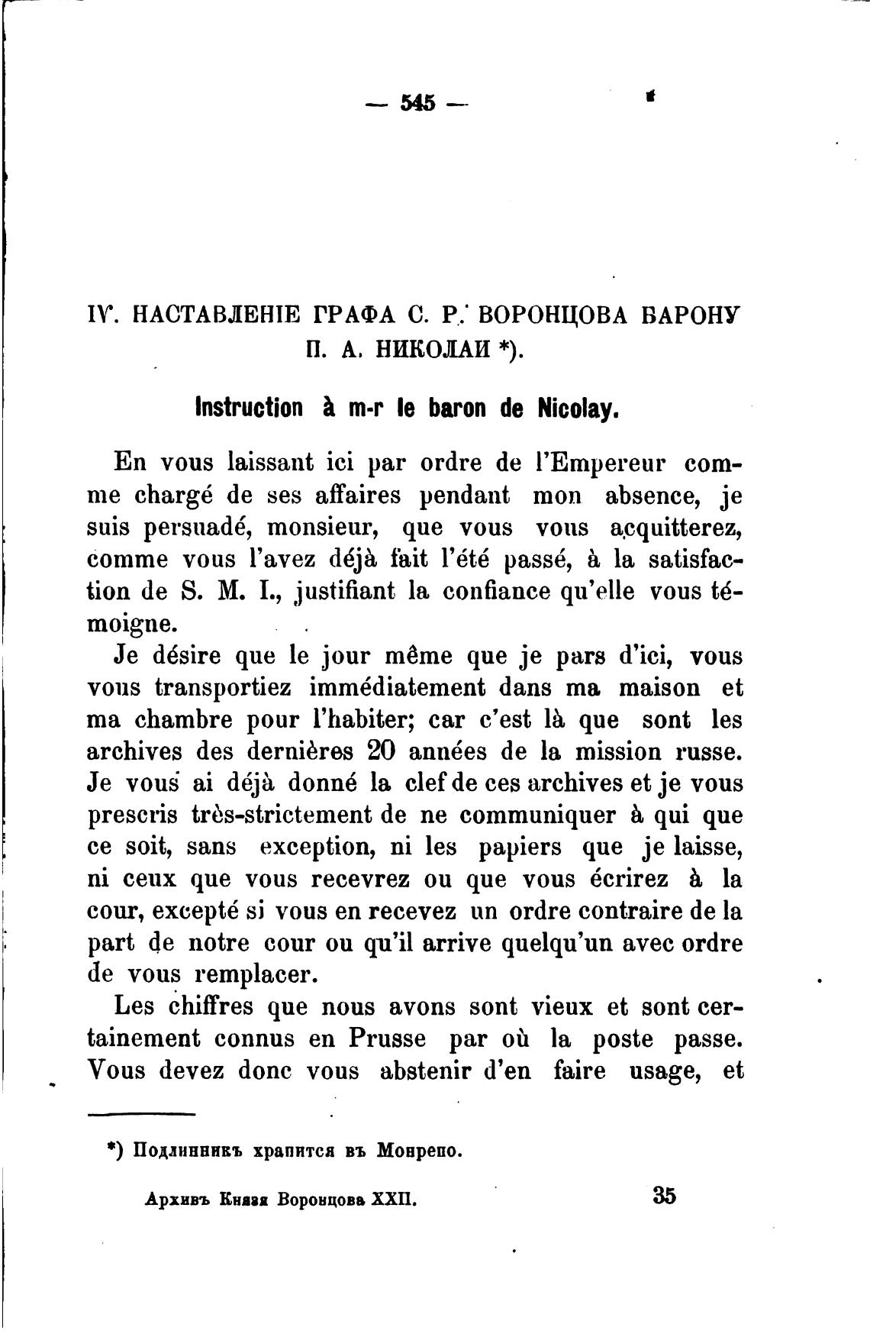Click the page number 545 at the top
tap(417, 102)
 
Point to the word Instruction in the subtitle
tap(248, 408)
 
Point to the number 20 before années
tap(379, 751)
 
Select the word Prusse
tap(389, 1038)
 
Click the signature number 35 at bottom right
tap(664, 1195)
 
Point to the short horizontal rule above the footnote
tap(142, 1116)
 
